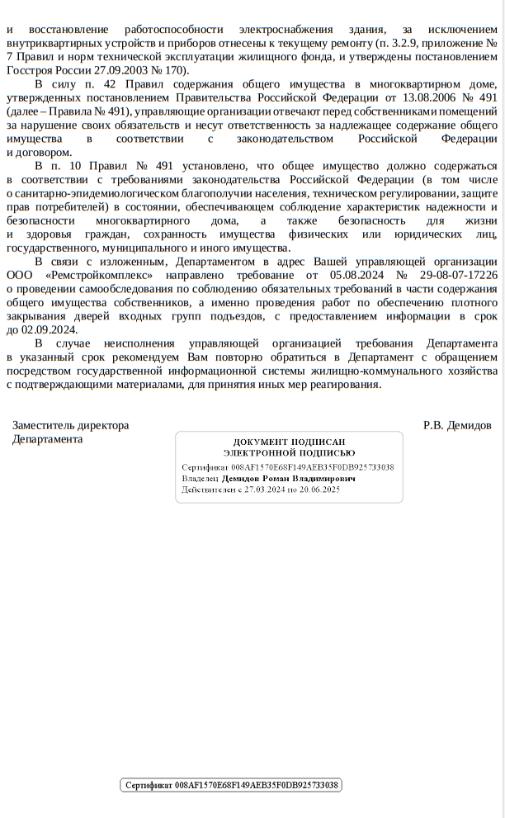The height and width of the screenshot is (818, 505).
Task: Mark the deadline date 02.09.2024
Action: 50,328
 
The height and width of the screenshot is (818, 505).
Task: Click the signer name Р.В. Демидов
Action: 456,425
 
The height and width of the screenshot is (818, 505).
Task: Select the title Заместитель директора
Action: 71,425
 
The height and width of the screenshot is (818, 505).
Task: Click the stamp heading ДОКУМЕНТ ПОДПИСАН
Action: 289,442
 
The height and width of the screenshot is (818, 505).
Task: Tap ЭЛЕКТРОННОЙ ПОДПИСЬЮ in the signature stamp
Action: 289,453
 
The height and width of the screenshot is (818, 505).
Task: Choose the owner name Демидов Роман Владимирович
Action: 289,479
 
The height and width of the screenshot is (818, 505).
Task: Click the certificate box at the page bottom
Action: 231,785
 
